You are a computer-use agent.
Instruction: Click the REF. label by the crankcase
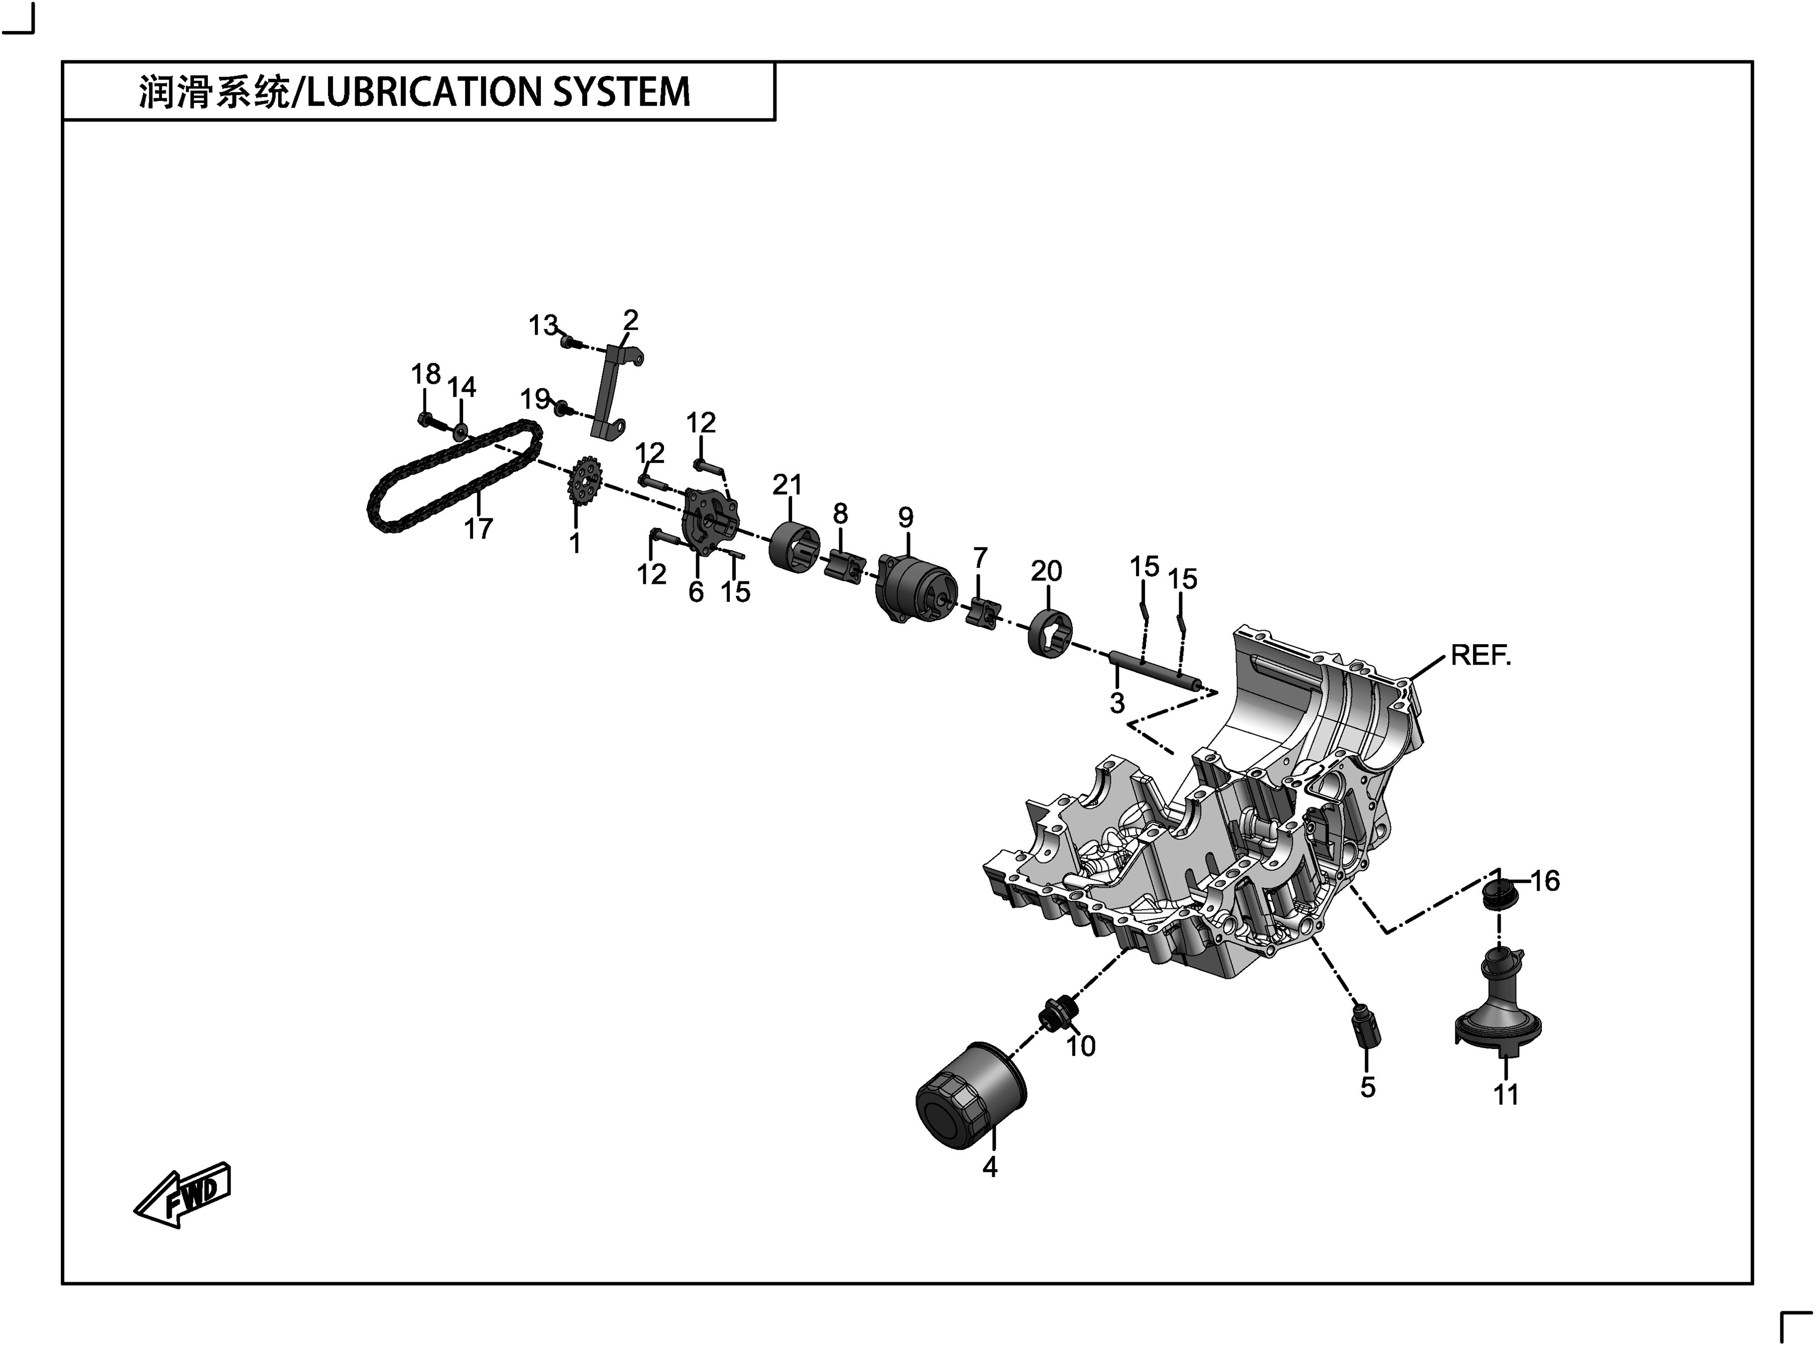(x=1481, y=655)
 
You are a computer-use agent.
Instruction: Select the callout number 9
(x=906, y=517)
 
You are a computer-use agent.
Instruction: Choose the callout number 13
(x=543, y=325)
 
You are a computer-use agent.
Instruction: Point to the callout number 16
(x=1545, y=881)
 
